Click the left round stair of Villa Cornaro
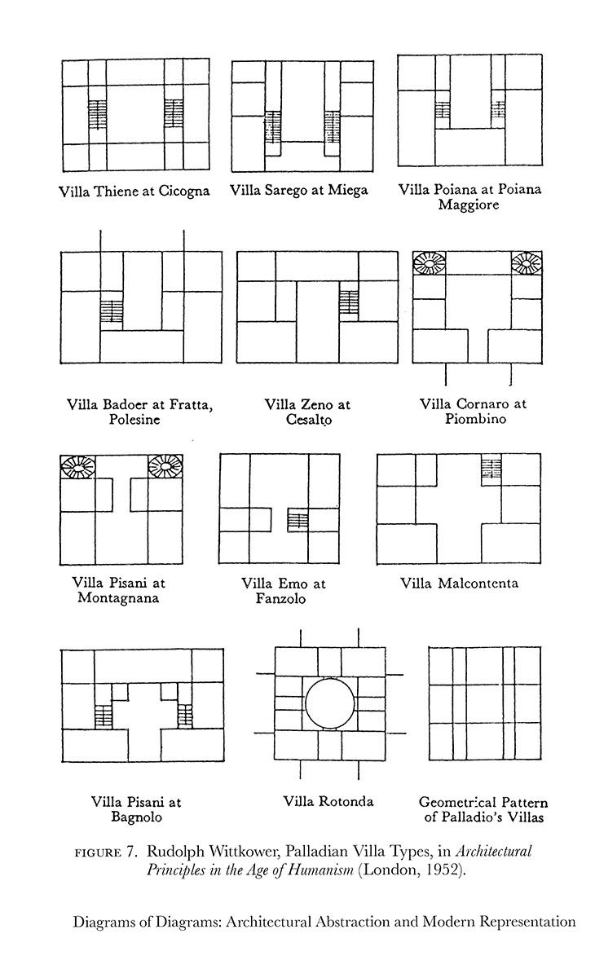coord(430,262)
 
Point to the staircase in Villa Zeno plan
coord(350,300)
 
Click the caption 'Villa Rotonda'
coord(328,801)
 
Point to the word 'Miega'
coord(348,191)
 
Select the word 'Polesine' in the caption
coord(134,420)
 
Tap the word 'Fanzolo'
coord(284,599)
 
